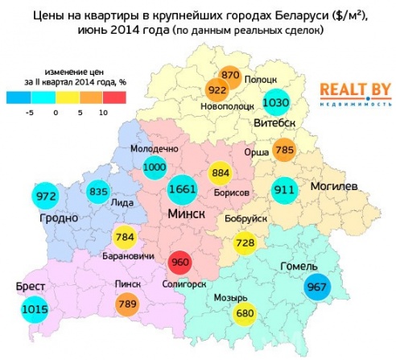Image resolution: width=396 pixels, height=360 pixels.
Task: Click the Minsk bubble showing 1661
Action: (x=182, y=190)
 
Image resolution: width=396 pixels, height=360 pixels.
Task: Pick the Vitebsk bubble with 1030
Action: (x=275, y=103)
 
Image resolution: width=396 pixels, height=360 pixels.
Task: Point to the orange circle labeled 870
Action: (x=230, y=75)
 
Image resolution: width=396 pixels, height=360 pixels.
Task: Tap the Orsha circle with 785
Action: (x=283, y=149)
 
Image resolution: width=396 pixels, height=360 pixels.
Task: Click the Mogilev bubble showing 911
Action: (x=283, y=191)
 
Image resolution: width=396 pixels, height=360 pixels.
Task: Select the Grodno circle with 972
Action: (x=45, y=196)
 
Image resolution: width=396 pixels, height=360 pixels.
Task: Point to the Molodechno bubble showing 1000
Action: (x=154, y=166)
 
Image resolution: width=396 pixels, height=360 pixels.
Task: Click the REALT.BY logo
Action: (x=350, y=93)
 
